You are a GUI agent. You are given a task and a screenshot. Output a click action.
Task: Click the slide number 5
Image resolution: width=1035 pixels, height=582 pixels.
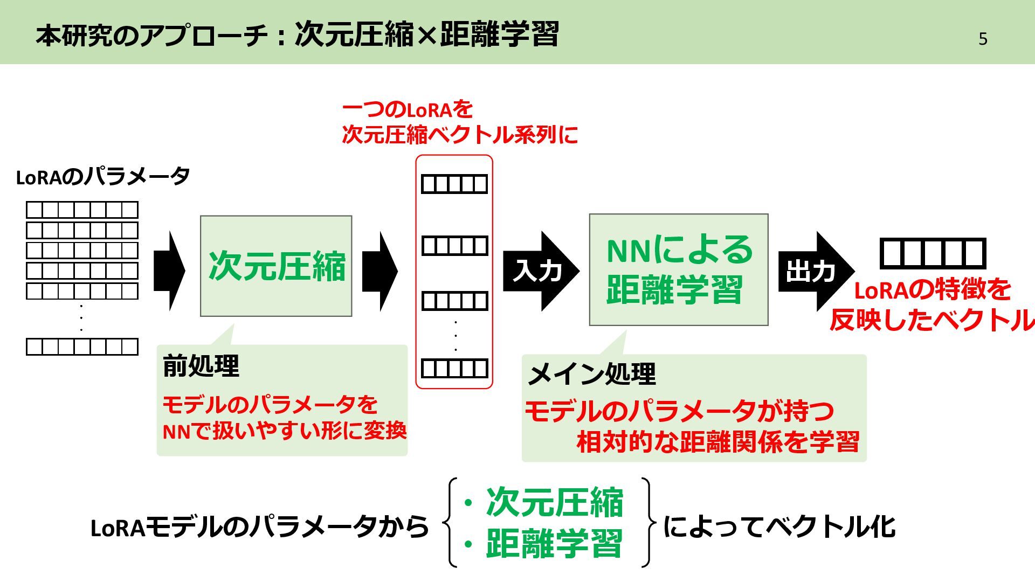pyautogui.click(x=983, y=39)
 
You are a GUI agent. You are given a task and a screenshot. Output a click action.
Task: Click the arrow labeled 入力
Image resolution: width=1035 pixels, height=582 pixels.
pyautogui.click(x=539, y=271)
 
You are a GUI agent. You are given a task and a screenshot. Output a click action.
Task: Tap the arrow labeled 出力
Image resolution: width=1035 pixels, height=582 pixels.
pyautogui.click(x=814, y=271)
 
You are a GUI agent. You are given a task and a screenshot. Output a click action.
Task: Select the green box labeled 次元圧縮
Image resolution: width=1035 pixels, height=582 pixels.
pyautogui.click(x=276, y=266)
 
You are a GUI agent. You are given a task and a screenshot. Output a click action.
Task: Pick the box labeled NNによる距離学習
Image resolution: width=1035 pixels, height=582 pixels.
pyautogui.click(x=678, y=270)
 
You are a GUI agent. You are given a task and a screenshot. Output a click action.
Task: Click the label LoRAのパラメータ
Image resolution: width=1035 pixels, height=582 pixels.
pyautogui.click(x=103, y=177)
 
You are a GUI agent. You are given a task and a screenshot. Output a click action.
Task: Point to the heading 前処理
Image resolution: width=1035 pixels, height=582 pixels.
pyautogui.click(x=201, y=366)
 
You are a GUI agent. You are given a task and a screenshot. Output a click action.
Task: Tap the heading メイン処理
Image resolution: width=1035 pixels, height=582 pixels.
pyautogui.click(x=591, y=373)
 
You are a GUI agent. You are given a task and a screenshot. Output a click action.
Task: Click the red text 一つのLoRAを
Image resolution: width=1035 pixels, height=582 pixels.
pyautogui.click(x=408, y=110)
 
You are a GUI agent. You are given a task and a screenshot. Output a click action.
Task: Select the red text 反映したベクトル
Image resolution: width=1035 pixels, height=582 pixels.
pyautogui.click(x=931, y=320)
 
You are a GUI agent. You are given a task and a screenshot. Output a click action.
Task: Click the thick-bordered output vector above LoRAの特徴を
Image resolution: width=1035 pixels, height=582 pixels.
pyautogui.click(x=933, y=253)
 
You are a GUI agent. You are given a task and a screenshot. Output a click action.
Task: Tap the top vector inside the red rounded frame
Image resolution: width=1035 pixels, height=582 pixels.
pyautogui.click(x=454, y=184)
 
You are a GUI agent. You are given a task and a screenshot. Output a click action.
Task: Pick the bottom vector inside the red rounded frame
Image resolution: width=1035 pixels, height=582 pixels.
pyautogui.click(x=454, y=369)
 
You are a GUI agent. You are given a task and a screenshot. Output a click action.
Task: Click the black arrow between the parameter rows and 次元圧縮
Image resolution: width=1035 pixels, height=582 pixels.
pyautogui.click(x=169, y=271)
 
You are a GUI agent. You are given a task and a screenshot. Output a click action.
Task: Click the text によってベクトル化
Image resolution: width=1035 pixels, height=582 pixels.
pyautogui.click(x=779, y=526)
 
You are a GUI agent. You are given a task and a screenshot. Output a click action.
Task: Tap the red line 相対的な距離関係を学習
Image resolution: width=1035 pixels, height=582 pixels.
pyautogui.click(x=717, y=442)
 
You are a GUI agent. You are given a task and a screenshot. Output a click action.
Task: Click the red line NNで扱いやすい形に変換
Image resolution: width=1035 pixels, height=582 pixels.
pyautogui.click(x=284, y=431)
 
